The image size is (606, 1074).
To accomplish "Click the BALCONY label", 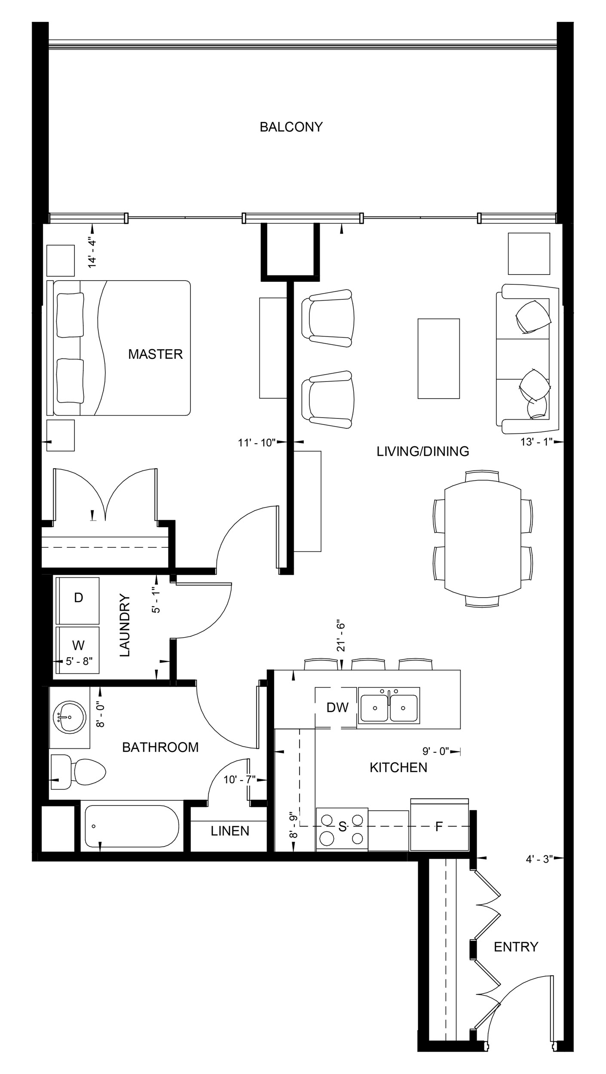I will tap(291, 127).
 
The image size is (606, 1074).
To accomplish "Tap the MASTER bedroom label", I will tap(155, 354).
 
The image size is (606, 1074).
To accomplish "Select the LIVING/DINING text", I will tap(422, 451).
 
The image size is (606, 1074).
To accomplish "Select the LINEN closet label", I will tap(230, 831).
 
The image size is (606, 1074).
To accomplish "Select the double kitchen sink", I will tap(389, 708).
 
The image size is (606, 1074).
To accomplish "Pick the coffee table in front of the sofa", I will tap(438, 359).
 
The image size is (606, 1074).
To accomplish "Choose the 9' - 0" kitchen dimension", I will tap(435, 751).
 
